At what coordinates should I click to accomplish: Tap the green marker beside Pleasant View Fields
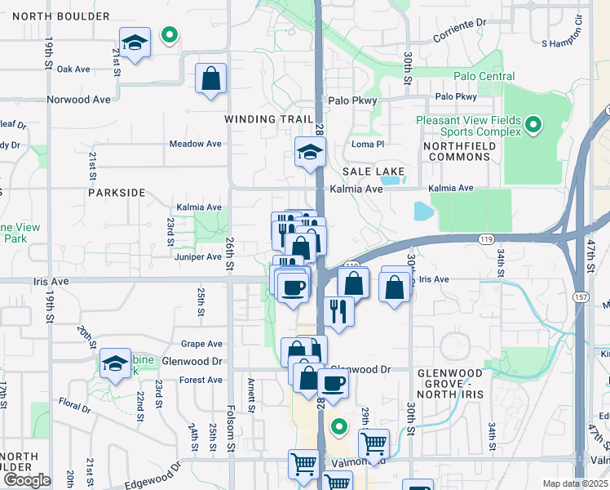click(x=533, y=125)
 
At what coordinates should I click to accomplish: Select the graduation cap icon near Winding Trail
click(x=310, y=153)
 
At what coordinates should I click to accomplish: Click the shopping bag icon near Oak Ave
click(x=211, y=80)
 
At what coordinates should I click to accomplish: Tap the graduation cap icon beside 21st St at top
click(x=135, y=42)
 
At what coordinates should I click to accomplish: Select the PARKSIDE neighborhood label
click(x=116, y=193)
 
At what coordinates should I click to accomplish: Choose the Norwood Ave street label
click(x=78, y=100)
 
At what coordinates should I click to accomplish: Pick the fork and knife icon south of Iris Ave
click(x=338, y=311)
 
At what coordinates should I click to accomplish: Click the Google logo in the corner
click(x=26, y=480)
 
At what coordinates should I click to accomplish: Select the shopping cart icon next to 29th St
click(x=374, y=443)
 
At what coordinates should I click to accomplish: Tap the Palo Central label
click(x=484, y=77)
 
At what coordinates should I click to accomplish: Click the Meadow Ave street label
click(x=195, y=144)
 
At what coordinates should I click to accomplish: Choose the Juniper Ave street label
click(x=198, y=256)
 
